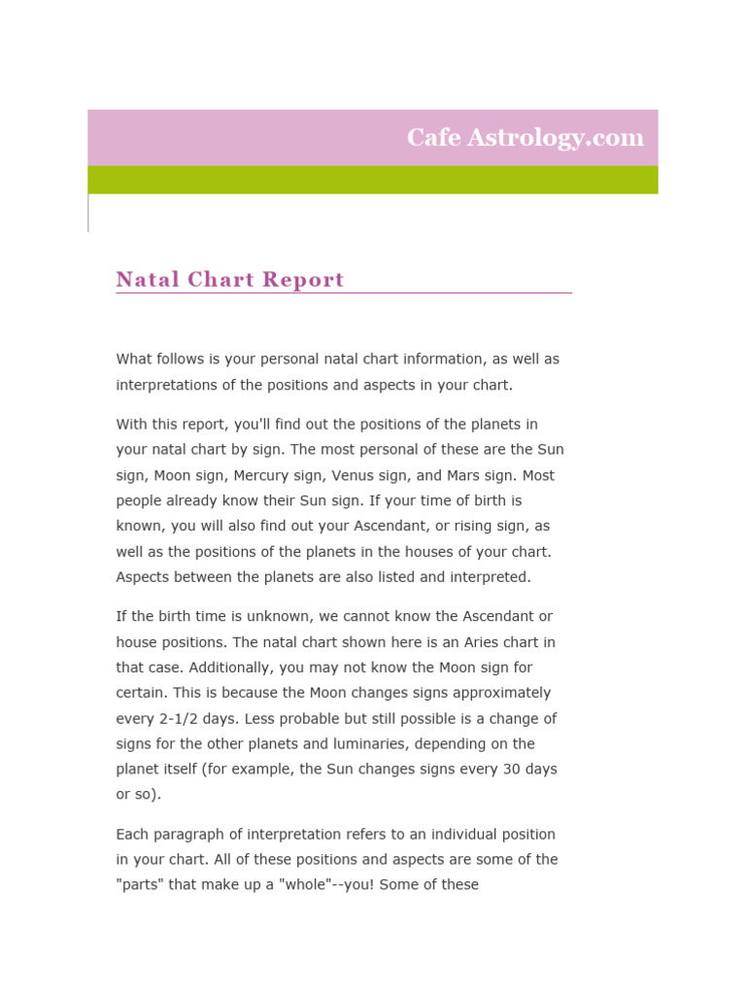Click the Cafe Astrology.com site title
[x=525, y=138]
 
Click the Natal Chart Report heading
[x=230, y=280]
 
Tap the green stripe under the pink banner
[x=373, y=180]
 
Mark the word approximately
[x=501, y=693]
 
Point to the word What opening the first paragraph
[x=133, y=360]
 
